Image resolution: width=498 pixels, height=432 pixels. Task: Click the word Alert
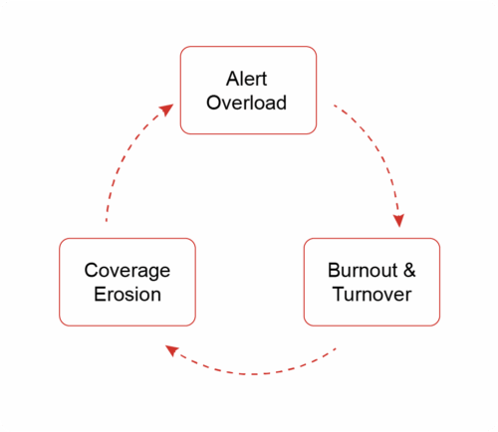246,79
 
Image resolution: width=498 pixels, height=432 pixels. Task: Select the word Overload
246,103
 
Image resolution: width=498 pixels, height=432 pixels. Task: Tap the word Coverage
127,272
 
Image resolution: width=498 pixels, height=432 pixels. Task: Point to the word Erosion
127,295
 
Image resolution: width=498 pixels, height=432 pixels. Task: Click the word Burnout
363,270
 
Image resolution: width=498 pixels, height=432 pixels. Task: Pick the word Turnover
373,295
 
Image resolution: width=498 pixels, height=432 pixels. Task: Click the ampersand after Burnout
409,270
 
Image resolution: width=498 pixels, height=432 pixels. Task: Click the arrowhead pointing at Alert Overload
166,109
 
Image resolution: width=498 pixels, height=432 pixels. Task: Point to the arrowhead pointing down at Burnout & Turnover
398,221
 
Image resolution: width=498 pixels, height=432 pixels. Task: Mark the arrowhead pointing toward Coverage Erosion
172,350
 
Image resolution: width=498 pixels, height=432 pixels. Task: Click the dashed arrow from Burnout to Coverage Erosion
252,374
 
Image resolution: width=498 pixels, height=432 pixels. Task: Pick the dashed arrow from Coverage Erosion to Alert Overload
124,153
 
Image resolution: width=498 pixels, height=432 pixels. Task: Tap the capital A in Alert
232,79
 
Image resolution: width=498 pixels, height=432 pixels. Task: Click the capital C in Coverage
92,270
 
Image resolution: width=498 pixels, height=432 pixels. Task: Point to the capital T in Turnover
340,295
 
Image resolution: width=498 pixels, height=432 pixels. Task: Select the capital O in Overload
214,103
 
